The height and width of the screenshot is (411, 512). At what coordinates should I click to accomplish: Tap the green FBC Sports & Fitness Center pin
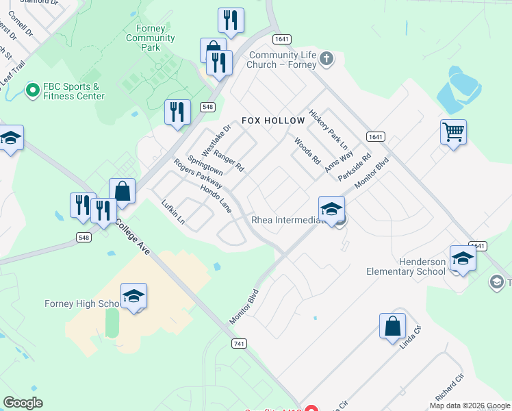(x=31, y=90)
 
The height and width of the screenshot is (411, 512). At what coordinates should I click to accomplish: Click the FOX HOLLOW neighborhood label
(x=273, y=121)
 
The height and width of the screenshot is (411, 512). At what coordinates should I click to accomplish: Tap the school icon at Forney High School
(x=134, y=296)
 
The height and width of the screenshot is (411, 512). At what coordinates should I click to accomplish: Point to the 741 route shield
(x=239, y=343)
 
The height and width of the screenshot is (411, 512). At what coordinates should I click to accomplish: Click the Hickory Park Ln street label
(x=329, y=129)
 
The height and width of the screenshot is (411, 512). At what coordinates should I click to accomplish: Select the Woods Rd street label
(x=307, y=151)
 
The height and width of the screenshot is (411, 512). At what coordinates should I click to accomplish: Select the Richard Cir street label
(x=449, y=388)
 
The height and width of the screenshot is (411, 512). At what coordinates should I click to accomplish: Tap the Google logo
(x=23, y=402)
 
